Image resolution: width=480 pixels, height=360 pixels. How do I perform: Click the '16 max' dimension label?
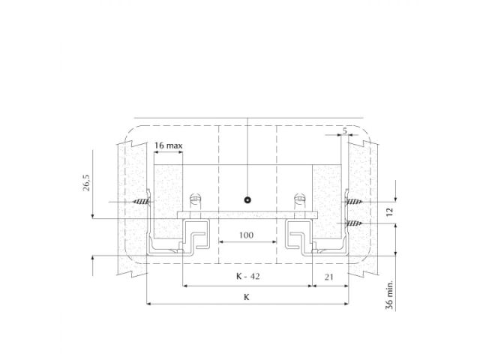[x=169, y=145]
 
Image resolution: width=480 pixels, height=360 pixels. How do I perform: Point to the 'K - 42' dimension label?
[x=247, y=277]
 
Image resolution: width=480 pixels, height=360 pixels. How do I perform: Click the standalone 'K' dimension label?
[x=247, y=296]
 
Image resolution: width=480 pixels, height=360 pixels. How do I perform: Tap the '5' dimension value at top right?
[x=343, y=132]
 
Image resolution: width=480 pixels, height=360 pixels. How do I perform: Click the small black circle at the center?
[x=247, y=201]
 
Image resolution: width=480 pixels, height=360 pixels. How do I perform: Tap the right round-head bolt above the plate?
[x=299, y=202]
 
